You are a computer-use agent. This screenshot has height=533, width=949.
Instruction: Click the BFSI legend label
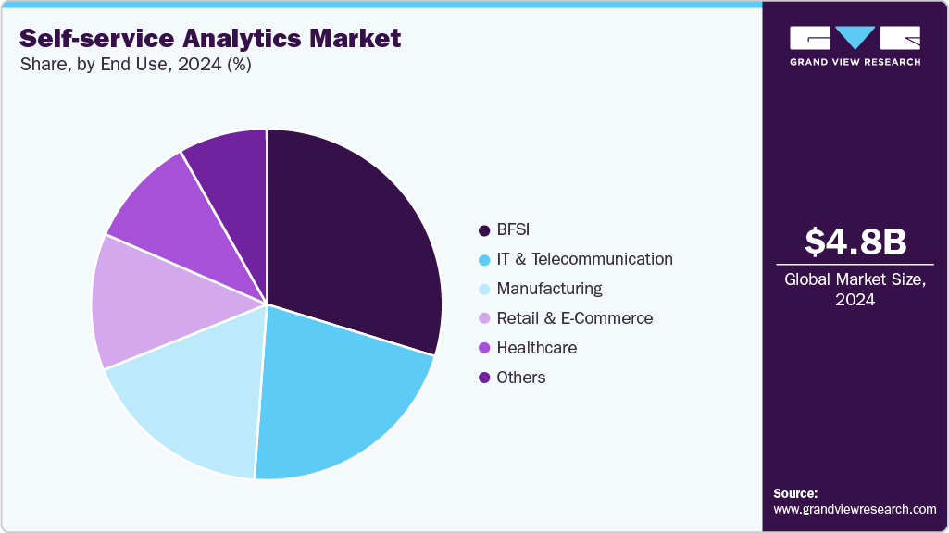pyautogui.click(x=514, y=229)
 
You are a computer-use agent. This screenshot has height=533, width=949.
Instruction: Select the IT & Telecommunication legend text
pyautogui.click(x=584, y=259)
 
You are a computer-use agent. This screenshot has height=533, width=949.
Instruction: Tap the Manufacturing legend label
pyautogui.click(x=549, y=289)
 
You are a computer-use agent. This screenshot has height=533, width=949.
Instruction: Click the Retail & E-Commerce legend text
pyautogui.click(x=574, y=318)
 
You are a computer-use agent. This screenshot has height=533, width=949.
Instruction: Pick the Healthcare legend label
pyautogui.click(x=536, y=348)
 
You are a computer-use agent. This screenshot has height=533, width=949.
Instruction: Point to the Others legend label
pyautogui.click(x=520, y=378)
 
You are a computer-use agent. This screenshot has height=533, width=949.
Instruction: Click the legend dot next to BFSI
pyautogui.click(x=483, y=229)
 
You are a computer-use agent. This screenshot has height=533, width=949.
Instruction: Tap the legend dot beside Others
pyautogui.click(x=483, y=378)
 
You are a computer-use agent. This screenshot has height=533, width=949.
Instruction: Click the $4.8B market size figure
pyautogui.click(x=855, y=242)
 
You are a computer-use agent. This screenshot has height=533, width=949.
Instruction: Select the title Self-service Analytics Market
pyautogui.click(x=210, y=38)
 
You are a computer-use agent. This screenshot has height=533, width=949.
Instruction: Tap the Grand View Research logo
pyautogui.click(x=855, y=45)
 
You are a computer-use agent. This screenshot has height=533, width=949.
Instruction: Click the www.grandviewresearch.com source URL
pyautogui.click(x=855, y=509)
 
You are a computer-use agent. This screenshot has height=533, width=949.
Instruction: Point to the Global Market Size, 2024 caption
pyautogui.click(x=855, y=289)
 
